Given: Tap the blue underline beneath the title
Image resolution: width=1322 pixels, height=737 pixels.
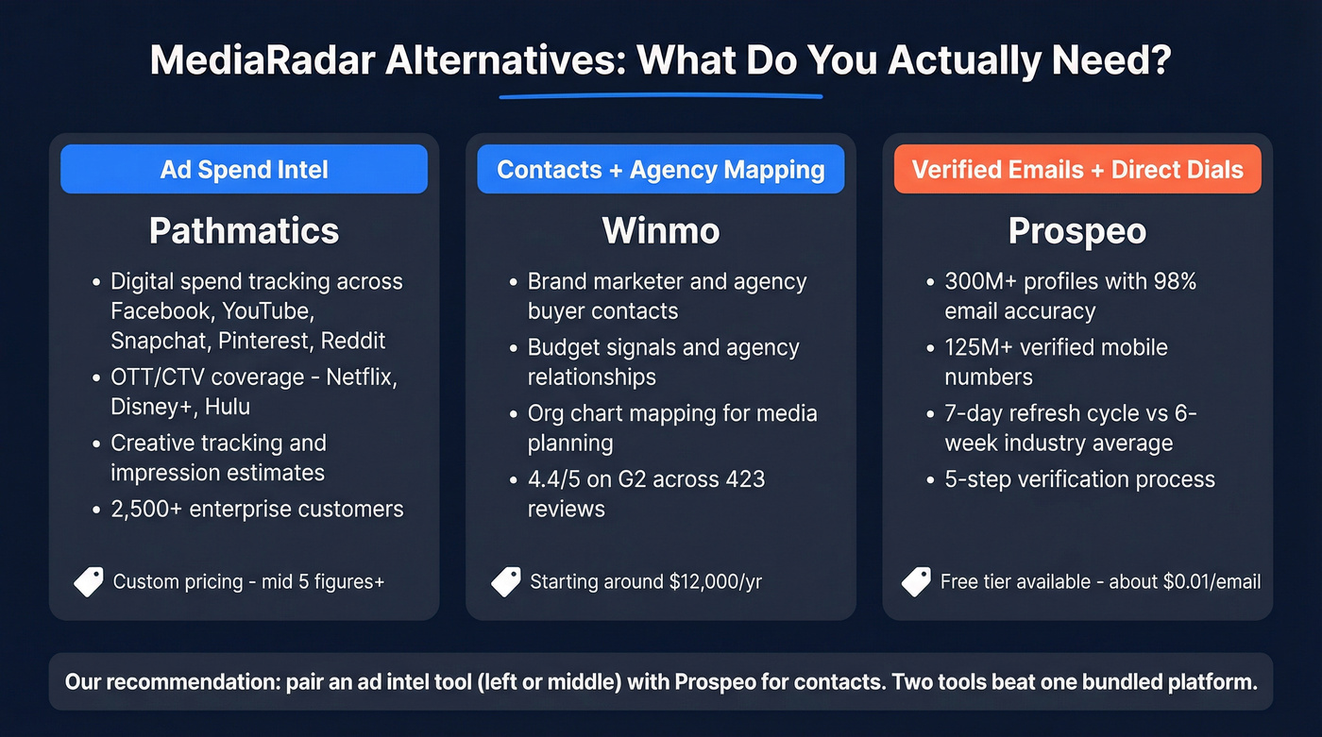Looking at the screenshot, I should click(x=660, y=95).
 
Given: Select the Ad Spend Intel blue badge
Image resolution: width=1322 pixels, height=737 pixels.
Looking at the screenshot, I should click(x=244, y=170).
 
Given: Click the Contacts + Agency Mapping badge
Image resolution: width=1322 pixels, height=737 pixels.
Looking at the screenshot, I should click(x=660, y=170).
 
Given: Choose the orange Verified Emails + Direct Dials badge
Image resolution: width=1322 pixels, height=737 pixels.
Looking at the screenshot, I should click(x=1077, y=170).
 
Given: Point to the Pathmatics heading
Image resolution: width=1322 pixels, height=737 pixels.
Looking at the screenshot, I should click(x=244, y=231).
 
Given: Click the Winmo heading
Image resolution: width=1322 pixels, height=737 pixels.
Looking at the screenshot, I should click(x=660, y=231).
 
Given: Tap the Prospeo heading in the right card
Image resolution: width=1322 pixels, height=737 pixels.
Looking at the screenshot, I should click(x=1077, y=231).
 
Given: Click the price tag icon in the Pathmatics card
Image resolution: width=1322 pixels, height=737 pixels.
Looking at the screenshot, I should click(x=89, y=581).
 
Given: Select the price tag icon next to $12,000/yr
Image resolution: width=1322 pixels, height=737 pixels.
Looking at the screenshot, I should click(x=506, y=581).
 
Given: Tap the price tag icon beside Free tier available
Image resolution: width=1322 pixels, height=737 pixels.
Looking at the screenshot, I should click(x=916, y=581).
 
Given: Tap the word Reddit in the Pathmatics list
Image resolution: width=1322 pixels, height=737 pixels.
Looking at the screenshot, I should click(x=353, y=341).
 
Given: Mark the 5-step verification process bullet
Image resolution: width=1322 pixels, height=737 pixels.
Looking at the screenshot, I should click(x=1079, y=479).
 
